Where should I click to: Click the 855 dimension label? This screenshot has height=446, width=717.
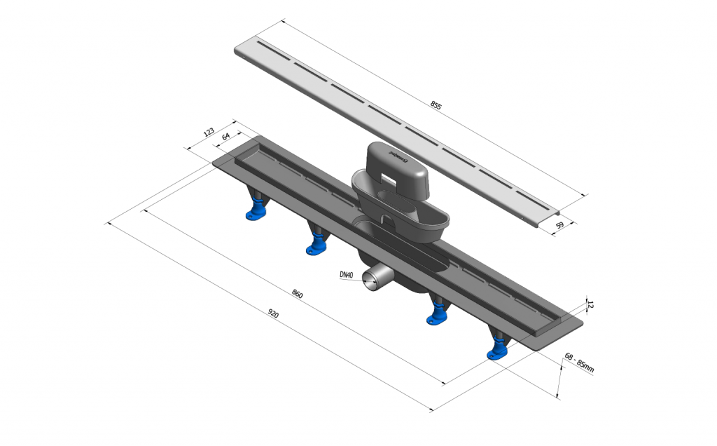pyautogui.click(x=436, y=105)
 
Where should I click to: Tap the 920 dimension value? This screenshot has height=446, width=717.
pyautogui.click(x=272, y=313)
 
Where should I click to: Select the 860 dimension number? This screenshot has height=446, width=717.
pyautogui.click(x=297, y=294)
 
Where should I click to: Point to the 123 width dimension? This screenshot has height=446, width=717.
pyautogui.click(x=209, y=133)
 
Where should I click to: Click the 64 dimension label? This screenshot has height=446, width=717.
pyautogui.click(x=226, y=136)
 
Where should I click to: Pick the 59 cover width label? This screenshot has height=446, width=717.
pyautogui.click(x=559, y=225)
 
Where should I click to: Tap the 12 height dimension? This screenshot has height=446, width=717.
pyautogui.click(x=590, y=304)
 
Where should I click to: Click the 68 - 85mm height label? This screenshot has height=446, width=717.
pyautogui.click(x=579, y=362)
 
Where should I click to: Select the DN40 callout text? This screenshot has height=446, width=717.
pyautogui.click(x=346, y=275)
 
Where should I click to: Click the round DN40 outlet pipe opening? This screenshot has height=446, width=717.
pyautogui.click(x=370, y=280)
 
